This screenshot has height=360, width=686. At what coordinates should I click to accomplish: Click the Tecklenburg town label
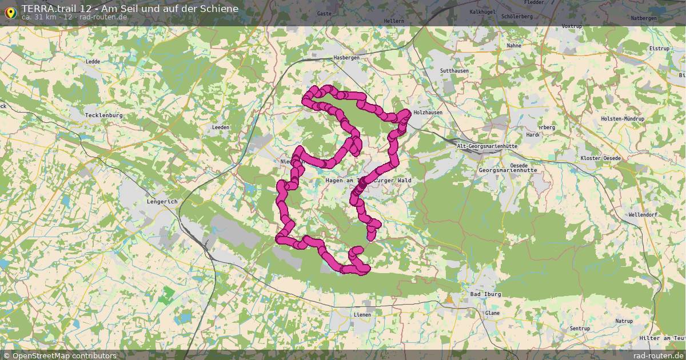point(103,115)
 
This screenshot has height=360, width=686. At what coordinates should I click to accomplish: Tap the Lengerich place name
point(162,202)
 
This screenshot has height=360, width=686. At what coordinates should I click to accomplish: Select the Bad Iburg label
point(485,294)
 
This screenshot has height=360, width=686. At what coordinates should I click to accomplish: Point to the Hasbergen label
point(346,58)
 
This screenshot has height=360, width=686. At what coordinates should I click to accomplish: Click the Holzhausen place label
point(428,113)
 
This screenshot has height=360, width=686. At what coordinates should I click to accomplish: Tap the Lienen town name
point(362,314)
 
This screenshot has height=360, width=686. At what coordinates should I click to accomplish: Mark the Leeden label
point(220,127)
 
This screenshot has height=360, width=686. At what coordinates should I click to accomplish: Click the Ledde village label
point(93,61)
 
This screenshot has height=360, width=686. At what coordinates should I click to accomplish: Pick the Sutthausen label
point(454,70)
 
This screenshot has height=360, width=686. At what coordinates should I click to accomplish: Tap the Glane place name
point(492,313)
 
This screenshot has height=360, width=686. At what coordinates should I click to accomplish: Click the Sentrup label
point(580,329)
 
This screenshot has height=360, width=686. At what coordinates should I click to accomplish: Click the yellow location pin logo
point(10,11)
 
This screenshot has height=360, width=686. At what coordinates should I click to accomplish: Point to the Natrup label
point(624,321)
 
